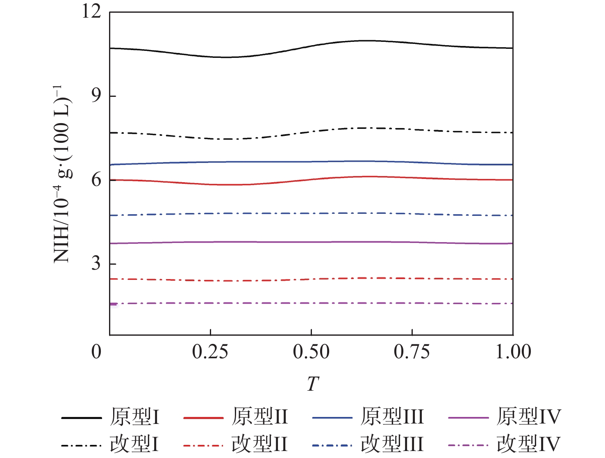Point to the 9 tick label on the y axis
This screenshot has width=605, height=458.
click(x=96, y=96)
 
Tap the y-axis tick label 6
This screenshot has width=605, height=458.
click(x=96, y=180)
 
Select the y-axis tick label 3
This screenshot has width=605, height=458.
click(x=96, y=263)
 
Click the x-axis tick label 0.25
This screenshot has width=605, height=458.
click(x=210, y=352)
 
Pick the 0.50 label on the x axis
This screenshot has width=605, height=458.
click(x=311, y=352)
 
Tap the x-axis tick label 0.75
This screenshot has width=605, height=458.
click(x=412, y=352)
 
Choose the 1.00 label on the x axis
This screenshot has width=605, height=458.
click(x=513, y=352)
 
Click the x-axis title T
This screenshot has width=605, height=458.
click(x=312, y=384)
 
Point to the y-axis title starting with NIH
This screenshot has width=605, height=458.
click(x=62, y=174)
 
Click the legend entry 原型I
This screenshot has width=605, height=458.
click(x=134, y=417)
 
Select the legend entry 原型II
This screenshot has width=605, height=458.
click(x=259, y=417)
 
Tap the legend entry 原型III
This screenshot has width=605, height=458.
click(x=392, y=417)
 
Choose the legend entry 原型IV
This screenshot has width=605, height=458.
click(x=528, y=417)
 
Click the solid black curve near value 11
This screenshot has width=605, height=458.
click(x=369, y=41)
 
